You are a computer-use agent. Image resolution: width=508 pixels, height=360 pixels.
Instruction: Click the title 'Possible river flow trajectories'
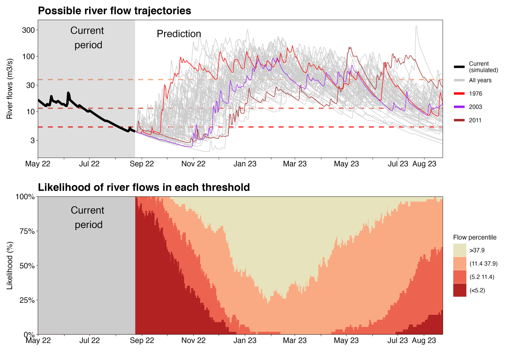click(x=114, y=11)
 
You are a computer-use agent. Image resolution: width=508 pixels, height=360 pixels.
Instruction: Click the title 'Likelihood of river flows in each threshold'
click(x=144, y=187)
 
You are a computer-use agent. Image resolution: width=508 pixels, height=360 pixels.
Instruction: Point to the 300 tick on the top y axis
click(x=28, y=30)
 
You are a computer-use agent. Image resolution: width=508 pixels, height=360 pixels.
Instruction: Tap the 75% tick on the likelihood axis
click(x=27, y=231)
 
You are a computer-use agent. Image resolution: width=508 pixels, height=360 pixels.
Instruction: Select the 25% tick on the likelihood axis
click(x=27, y=300)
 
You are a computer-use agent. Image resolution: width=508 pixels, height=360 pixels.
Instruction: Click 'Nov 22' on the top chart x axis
click(x=193, y=164)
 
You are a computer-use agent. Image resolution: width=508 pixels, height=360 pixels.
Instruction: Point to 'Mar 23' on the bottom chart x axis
click(x=294, y=340)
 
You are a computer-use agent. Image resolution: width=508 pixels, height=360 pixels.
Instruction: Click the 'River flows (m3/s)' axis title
click(x=10, y=89)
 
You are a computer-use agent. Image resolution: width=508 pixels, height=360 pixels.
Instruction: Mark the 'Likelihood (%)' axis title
click(x=10, y=265)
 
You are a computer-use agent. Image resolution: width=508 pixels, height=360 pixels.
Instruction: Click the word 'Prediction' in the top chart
click(x=179, y=34)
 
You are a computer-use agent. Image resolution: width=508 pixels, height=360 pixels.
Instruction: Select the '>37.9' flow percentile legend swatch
click(x=459, y=250)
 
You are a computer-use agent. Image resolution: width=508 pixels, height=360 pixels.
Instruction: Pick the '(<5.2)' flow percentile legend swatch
click(x=459, y=290)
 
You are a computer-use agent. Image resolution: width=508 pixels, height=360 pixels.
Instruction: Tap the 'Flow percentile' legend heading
click(x=475, y=237)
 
